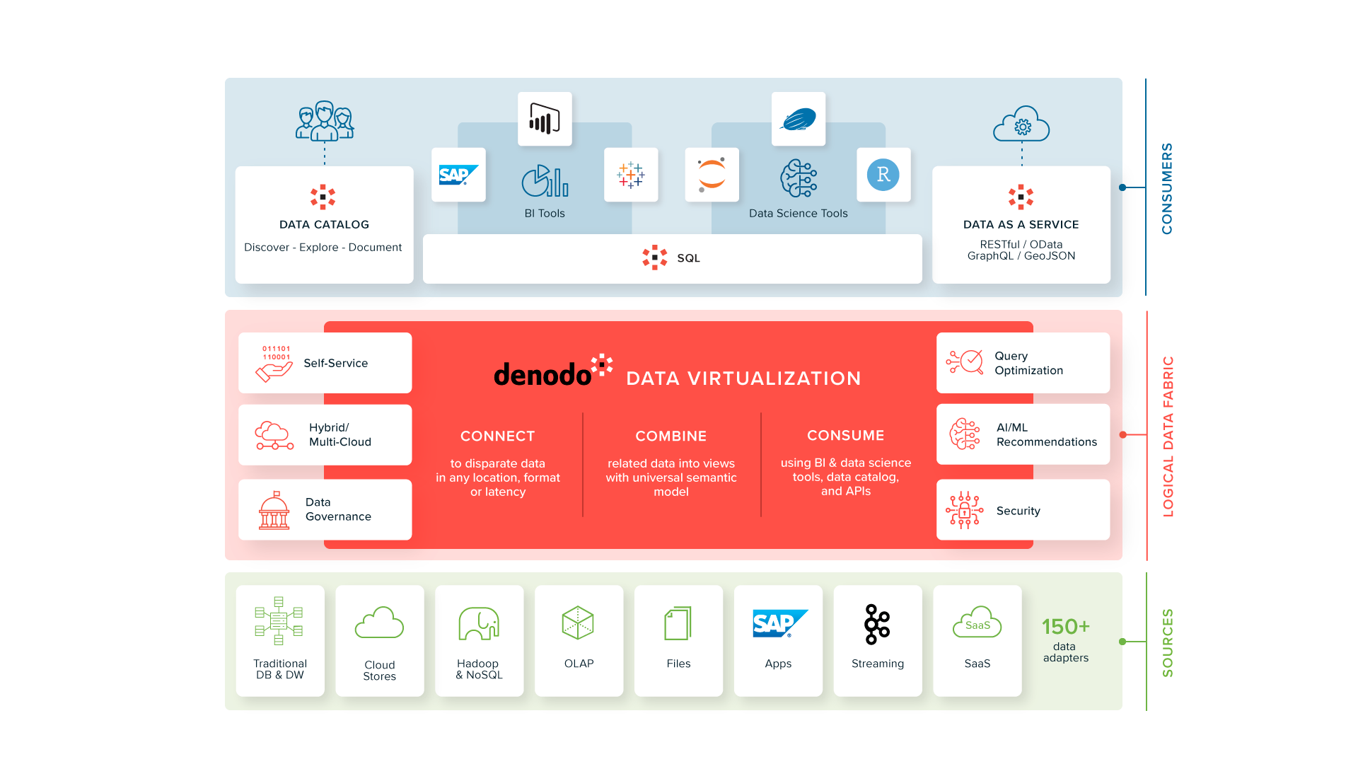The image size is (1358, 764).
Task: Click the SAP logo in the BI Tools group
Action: click(x=458, y=175)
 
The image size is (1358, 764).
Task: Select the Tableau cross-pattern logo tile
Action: click(x=631, y=175)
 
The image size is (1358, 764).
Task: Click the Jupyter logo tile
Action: click(x=712, y=175)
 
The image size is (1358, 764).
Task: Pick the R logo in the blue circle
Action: click(x=883, y=175)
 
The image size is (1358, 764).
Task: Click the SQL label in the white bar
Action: click(x=688, y=258)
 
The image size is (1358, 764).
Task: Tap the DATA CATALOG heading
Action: click(x=324, y=224)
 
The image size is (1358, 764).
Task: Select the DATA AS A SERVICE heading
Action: click(x=1021, y=224)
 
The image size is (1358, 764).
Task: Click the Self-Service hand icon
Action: click(x=274, y=363)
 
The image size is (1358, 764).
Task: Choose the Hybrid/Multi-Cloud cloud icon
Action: click(x=274, y=435)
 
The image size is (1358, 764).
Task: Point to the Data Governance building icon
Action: click(x=274, y=510)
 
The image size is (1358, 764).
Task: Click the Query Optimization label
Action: click(x=1028, y=363)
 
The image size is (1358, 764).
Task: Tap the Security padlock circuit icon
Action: click(x=964, y=510)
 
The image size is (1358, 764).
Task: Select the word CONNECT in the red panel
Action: click(x=497, y=436)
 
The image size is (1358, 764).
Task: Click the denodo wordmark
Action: click(x=542, y=374)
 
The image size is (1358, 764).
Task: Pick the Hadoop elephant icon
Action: click(x=479, y=624)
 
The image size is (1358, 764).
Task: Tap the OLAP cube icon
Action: click(x=578, y=623)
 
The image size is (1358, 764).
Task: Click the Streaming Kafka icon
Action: click(x=877, y=624)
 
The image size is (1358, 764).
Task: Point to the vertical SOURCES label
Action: click(x=1168, y=642)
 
